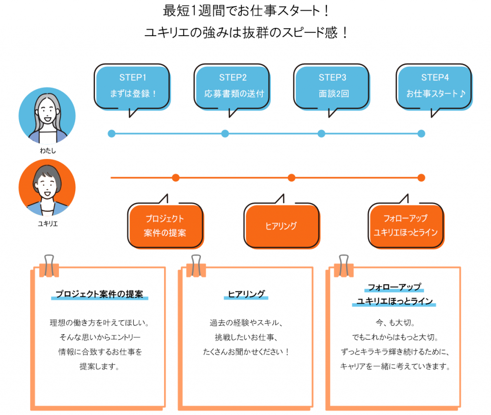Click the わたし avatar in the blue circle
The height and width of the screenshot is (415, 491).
coord(47,115)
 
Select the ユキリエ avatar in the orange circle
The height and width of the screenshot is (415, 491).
coord(47,187)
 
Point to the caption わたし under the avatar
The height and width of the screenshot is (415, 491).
coord(47,150)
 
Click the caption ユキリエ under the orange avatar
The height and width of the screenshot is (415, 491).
coord(47,224)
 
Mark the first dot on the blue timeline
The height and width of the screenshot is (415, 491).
coord(111,134)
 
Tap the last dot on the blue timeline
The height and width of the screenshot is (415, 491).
coord(421,134)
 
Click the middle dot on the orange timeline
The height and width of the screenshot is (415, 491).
coord(292,178)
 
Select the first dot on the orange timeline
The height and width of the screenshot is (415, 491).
coord(175,178)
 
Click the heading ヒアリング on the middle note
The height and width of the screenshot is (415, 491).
coord(246,294)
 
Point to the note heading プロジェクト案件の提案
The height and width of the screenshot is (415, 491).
coord(99,294)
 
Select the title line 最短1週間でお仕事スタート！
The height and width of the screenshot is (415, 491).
coord(245,11)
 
